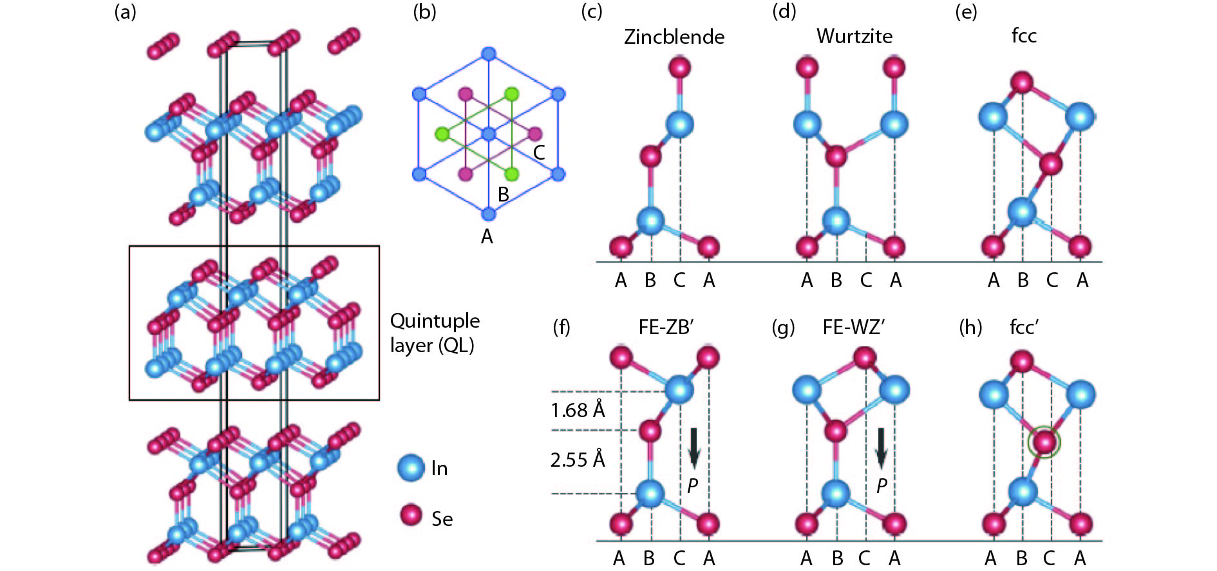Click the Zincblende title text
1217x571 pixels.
coord(674,37)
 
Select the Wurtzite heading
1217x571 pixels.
coord(854,36)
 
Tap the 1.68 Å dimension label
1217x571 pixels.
coord(578,410)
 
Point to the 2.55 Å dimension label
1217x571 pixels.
coord(578,460)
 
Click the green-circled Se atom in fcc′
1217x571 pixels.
coord(1044,442)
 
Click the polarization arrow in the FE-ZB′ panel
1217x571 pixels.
coord(693,447)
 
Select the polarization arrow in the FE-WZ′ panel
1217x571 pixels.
coord(882,447)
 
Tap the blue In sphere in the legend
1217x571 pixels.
coord(411,468)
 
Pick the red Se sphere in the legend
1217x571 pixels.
coord(411,515)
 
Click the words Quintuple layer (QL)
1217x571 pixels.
coord(435,333)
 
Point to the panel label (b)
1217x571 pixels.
coord(424,12)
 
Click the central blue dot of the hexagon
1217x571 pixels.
coord(489,134)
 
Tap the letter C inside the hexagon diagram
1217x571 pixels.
coord(539,153)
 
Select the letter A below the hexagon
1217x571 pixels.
coord(487,237)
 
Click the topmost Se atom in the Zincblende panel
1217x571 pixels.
coord(679,66)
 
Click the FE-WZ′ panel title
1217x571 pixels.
coord(853,328)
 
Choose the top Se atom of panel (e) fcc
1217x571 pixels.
coord(1022,82)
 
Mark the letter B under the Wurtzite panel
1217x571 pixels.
coord(836,280)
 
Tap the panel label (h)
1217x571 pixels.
coord(970,328)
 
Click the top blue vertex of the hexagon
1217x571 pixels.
coord(489,53)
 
